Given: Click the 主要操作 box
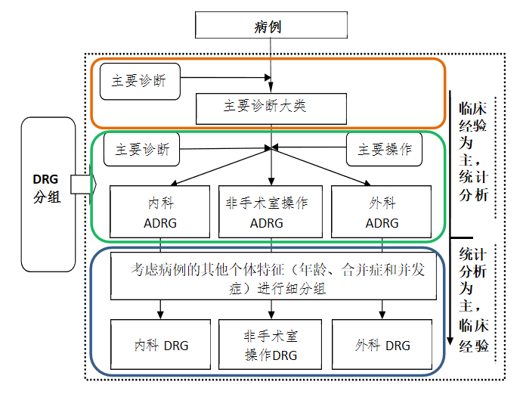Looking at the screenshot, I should pos(385,150).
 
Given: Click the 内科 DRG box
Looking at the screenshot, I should pos(159,345).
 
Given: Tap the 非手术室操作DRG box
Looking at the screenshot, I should pos(271,345).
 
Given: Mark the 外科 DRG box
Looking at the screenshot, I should pos(381,345).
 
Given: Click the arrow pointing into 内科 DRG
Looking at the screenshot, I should pos(160,309).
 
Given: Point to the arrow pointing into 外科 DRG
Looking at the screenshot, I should pos(382,309).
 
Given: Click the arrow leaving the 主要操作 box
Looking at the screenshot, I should pos(310,148).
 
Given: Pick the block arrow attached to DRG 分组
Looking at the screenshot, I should pos(81,184).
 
